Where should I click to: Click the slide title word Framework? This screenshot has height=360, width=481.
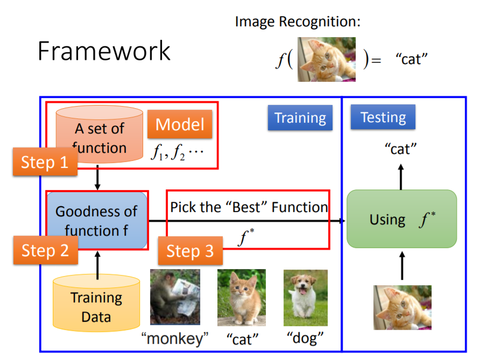pyautogui.click(x=104, y=52)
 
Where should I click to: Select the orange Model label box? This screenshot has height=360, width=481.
pyautogui.click(x=180, y=125)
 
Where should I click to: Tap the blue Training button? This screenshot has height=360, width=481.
pyautogui.click(x=300, y=118)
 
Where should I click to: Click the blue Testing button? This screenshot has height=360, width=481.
pyautogui.click(x=383, y=117)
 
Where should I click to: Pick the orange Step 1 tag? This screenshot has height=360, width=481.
pyautogui.click(x=45, y=162)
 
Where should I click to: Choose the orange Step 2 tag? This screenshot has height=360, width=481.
pyautogui.click(x=45, y=250)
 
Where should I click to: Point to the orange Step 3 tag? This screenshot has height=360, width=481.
pyautogui.click(x=189, y=251)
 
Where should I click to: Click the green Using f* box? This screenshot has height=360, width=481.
pyautogui.click(x=401, y=219)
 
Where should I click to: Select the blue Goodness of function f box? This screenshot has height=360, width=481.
pyautogui.click(x=97, y=221)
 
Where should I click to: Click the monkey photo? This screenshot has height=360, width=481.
pyautogui.click(x=175, y=297)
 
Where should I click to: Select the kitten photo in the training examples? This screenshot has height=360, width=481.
pyautogui.click(x=241, y=297)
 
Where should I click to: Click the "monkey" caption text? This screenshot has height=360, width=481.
pyautogui.click(x=175, y=339)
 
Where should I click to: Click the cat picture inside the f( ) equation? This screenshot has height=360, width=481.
pyautogui.click(x=327, y=59)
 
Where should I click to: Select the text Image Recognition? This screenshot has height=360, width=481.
pyautogui.click(x=298, y=22)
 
